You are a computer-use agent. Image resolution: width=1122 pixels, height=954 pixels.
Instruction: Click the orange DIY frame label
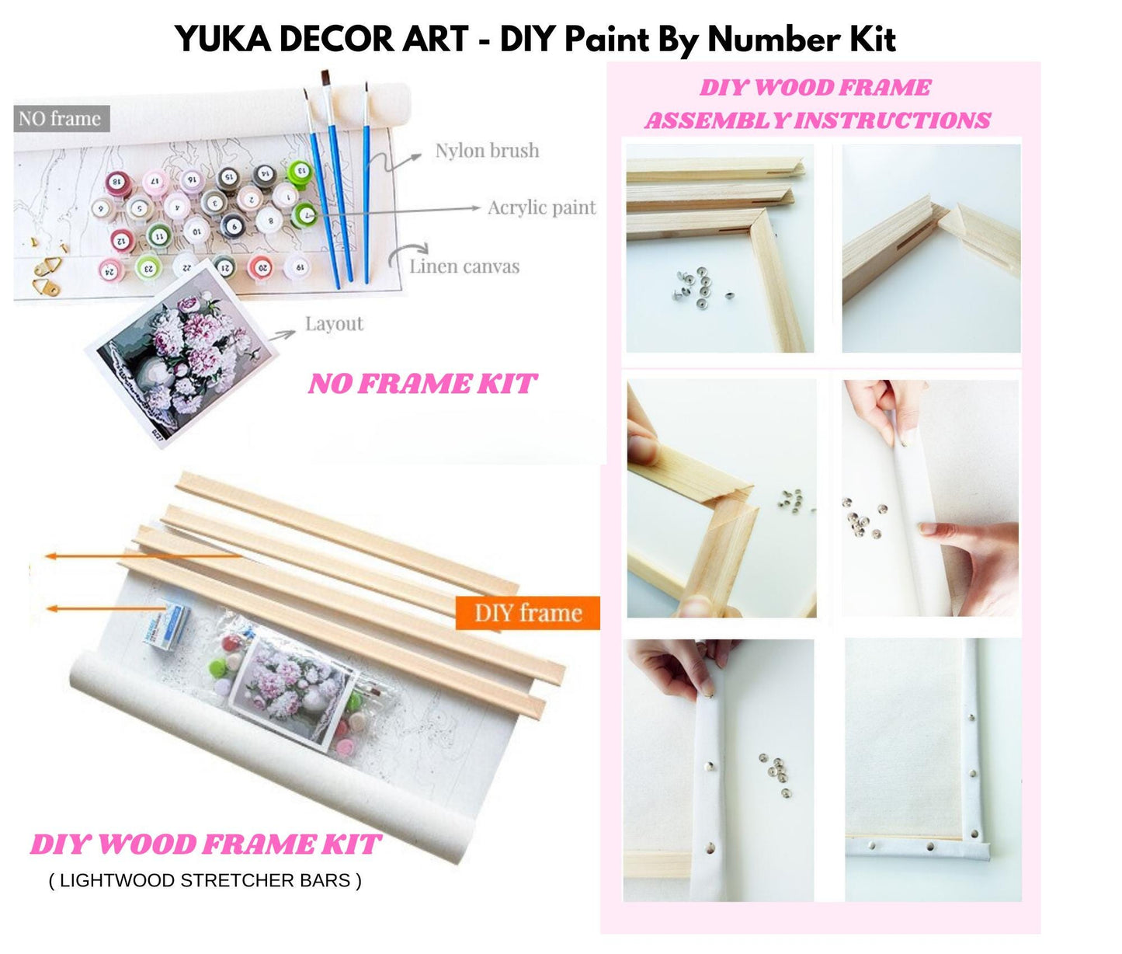(x=527, y=613)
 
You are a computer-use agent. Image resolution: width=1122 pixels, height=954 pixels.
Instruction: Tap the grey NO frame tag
(x=61, y=119)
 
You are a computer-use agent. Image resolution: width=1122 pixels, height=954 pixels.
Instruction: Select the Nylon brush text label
(x=487, y=151)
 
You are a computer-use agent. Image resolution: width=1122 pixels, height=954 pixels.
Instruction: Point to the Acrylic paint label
(x=541, y=208)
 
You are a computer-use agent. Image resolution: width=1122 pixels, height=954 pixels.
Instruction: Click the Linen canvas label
(x=464, y=266)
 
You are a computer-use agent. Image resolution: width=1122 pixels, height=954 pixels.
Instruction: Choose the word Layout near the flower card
(x=334, y=324)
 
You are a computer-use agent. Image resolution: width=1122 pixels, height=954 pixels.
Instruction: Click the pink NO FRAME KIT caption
(x=422, y=384)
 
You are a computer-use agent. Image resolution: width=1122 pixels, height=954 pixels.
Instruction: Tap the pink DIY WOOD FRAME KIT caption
(x=205, y=844)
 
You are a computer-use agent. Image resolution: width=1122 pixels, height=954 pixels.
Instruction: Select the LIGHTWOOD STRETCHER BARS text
(x=205, y=880)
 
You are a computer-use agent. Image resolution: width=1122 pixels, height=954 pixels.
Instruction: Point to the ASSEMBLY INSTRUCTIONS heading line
(x=817, y=120)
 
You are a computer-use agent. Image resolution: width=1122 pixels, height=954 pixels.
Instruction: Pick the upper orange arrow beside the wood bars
(x=140, y=556)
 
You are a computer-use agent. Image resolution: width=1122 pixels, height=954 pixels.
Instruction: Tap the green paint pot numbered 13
(x=299, y=171)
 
